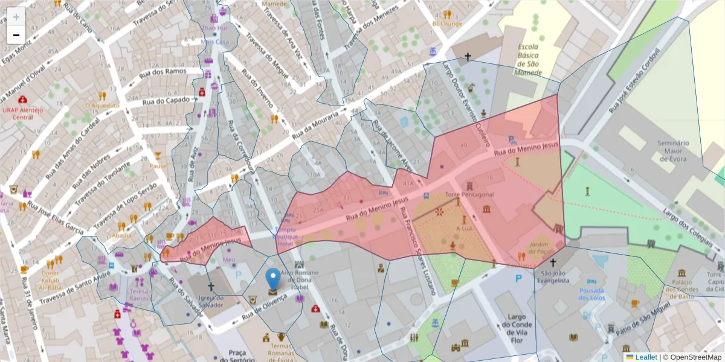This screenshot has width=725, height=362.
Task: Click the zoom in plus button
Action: tap(16, 17)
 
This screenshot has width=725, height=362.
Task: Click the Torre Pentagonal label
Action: tap(469, 195)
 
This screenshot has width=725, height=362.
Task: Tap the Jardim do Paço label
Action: tap(542, 247)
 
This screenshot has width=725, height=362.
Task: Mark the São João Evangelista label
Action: tap(553, 276)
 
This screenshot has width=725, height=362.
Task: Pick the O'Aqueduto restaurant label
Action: tap(102, 105)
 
